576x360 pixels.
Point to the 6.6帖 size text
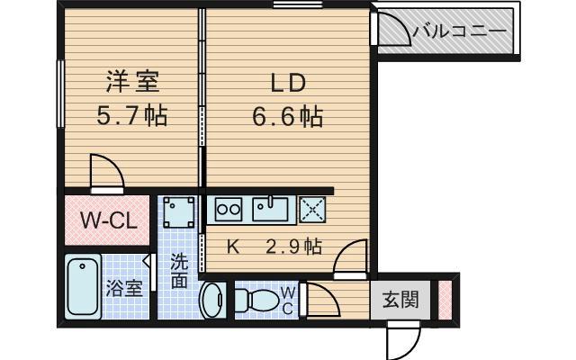pyautogui.click(x=289, y=116)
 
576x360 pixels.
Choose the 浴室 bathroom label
pyautogui.click(x=124, y=289)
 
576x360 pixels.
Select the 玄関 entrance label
pyautogui.click(x=400, y=300)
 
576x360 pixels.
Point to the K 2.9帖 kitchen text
pyautogui.click(x=274, y=246)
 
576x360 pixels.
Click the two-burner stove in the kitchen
pyautogui.click(x=228, y=209)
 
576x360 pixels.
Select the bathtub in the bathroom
pyautogui.click(x=83, y=287)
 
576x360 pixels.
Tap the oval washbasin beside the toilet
pyautogui.click(x=212, y=299)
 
